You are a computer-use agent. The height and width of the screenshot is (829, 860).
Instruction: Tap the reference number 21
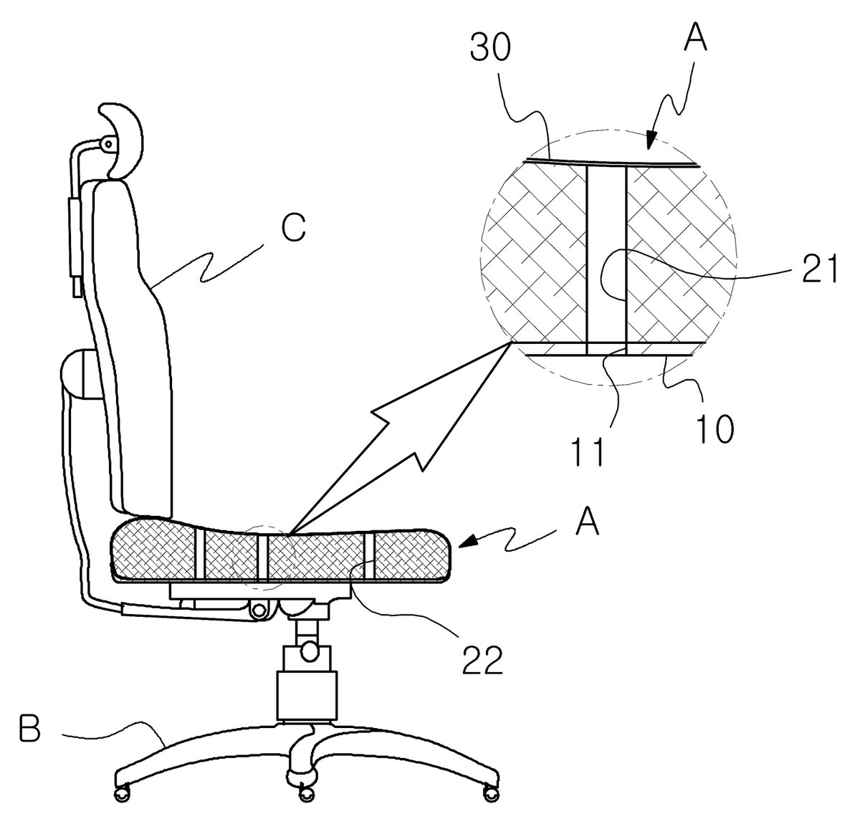(820, 269)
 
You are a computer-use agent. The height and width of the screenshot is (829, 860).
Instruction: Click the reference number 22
(482, 660)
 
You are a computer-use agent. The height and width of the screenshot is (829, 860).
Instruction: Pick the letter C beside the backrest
(294, 227)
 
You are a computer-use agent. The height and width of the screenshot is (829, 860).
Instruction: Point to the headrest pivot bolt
(107, 143)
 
